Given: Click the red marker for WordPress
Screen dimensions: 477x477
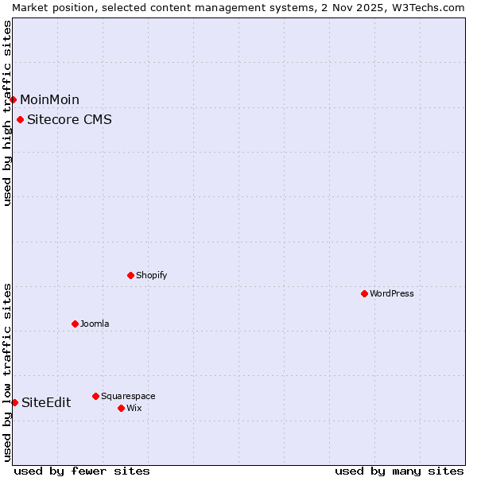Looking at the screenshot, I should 364,293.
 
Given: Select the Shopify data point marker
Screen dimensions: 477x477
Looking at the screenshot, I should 130,275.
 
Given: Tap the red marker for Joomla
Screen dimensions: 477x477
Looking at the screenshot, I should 75,324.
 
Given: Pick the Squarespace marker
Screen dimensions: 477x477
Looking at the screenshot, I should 95,396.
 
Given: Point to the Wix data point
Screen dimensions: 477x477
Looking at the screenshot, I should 121,408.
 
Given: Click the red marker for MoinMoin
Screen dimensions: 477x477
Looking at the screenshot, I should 14,99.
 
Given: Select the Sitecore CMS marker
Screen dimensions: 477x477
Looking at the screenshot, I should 20,120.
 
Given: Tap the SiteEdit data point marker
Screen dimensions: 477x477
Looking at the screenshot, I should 14,402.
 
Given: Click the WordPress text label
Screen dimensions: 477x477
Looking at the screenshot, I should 392,293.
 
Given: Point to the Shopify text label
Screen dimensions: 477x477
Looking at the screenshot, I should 151,275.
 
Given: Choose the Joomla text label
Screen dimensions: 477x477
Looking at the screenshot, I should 95,324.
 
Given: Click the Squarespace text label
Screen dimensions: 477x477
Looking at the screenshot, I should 128,396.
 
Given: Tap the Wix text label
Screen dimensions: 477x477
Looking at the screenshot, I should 134,408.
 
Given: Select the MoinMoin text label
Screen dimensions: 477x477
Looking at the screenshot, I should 49,99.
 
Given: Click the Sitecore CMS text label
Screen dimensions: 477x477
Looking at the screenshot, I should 69,120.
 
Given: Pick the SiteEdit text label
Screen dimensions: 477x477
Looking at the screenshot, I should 46,402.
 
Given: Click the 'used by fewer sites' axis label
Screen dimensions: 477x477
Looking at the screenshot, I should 82,471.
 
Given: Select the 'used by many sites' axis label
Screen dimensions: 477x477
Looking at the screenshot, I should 399,471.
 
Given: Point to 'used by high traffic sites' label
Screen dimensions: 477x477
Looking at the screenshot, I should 7,113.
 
